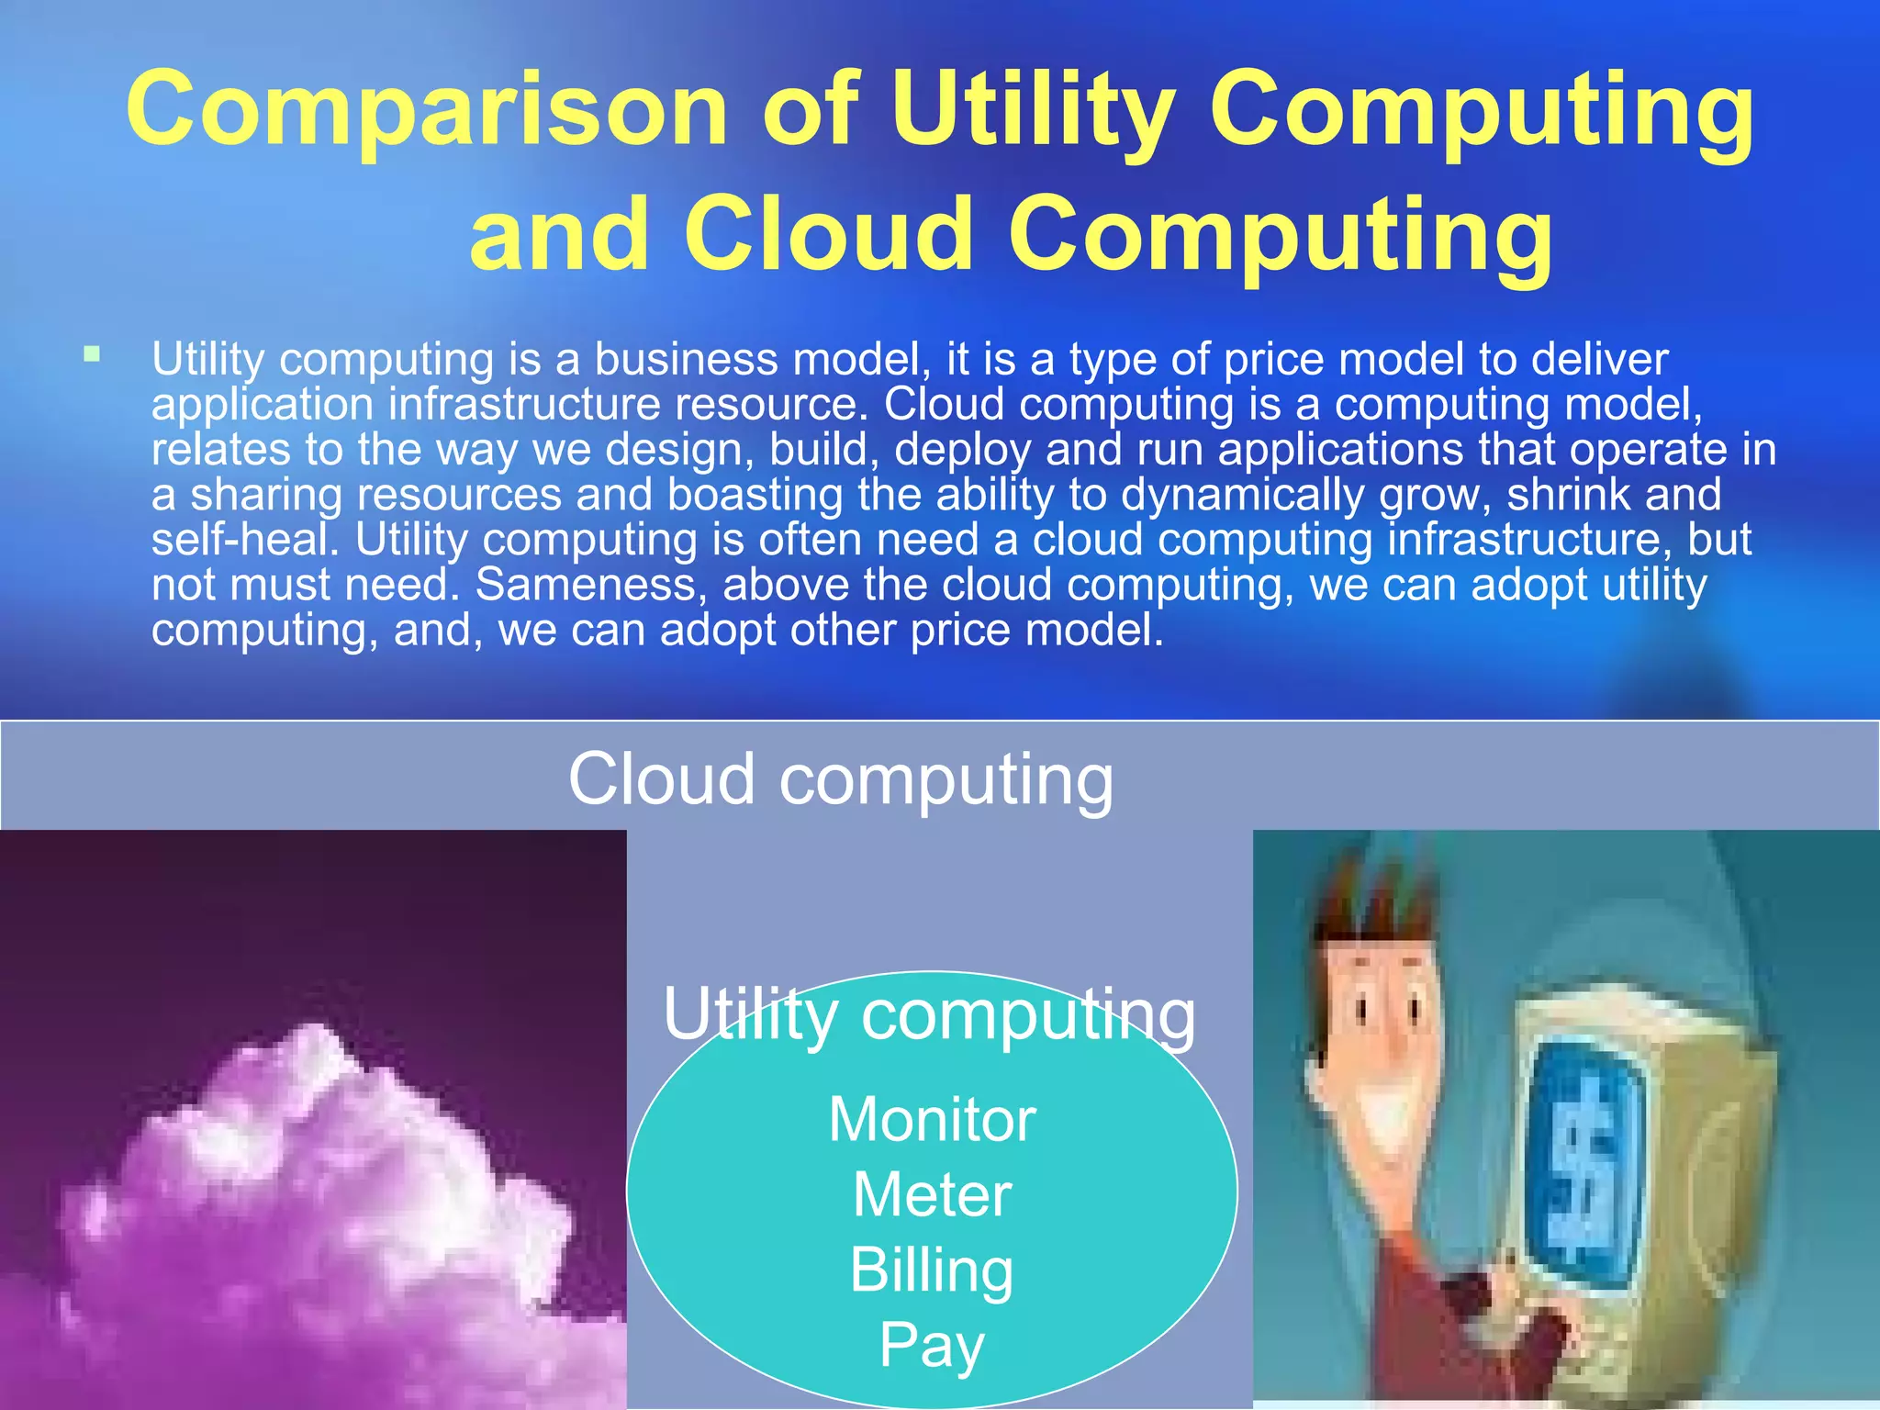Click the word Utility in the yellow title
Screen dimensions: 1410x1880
coord(1033,110)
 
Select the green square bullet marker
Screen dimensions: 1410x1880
coord(91,353)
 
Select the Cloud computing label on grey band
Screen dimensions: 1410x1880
coord(840,778)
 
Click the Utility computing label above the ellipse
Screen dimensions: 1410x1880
coord(929,1014)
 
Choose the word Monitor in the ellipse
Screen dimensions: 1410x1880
coord(932,1120)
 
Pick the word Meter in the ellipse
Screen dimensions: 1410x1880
coord(932,1195)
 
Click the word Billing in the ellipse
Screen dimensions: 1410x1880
coord(932,1270)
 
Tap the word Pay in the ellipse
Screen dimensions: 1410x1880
coord(932,1346)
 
